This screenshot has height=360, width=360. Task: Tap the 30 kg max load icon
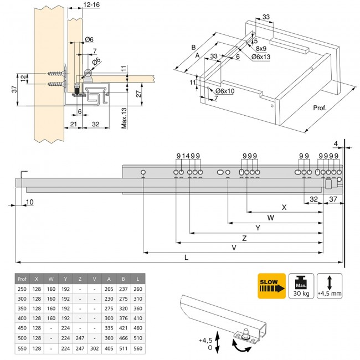click(x=301, y=286)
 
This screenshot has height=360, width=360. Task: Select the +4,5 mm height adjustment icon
click(x=329, y=286)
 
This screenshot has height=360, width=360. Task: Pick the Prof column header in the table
click(x=22, y=279)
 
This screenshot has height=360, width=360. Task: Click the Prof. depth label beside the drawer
click(x=320, y=109)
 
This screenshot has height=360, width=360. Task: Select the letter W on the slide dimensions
click(x=270, y=218)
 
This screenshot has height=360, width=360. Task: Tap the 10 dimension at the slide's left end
click(x=29, y=202)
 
